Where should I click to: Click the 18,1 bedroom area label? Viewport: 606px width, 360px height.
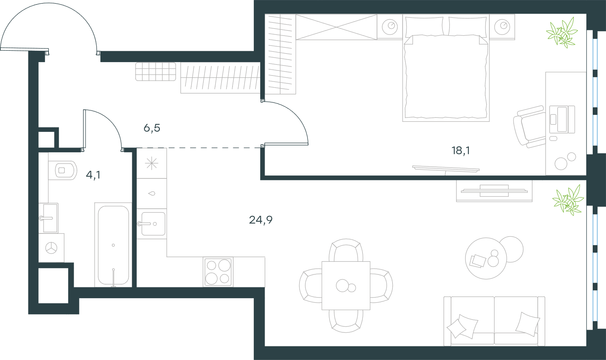pyautogui.click(x=461, y=150)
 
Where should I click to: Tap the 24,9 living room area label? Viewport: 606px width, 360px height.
pyautogui.click(x=261, y=220)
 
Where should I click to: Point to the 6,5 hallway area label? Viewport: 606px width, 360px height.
pyautogui.click(x=152, y=128)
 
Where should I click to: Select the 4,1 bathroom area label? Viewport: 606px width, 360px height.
pyautogui.click(x=93, y=175)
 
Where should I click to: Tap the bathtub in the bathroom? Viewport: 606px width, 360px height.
pyautogui.click(x=113, y=245)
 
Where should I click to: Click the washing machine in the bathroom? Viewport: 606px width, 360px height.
pyautogui.click(x=52, y=248)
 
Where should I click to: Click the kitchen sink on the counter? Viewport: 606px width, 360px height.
pyautogui.click(x=151, y=224)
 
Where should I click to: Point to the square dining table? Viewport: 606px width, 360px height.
pyautogui.click(x=346, y=286)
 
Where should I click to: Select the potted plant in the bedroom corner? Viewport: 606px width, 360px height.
pyautogui.click(x=562, y=33)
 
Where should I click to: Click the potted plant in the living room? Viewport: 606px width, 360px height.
pyautogui.click(x=568, y=200)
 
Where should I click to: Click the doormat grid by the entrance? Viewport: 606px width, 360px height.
pyautogui.click(x=156, y=72)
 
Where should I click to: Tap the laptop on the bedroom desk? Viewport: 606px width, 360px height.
pyautogui.click(x=562, y=119)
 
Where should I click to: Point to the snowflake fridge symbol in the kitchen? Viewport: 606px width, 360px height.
pyautogui.click(x=151, y=163)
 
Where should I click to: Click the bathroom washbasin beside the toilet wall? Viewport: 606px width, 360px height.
pyautogui.click(x=48, y=218)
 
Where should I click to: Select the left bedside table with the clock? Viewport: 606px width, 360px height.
pyautogui.click(x=390, y=27)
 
